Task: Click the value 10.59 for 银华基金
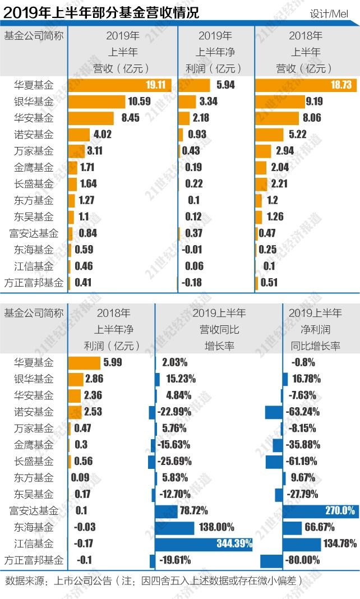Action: coord(140,102)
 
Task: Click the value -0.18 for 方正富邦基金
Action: coord(192,282)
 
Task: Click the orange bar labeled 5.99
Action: coord(84,362)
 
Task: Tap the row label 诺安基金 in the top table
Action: coord(34,135)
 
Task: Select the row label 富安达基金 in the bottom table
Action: coord(34,510)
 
